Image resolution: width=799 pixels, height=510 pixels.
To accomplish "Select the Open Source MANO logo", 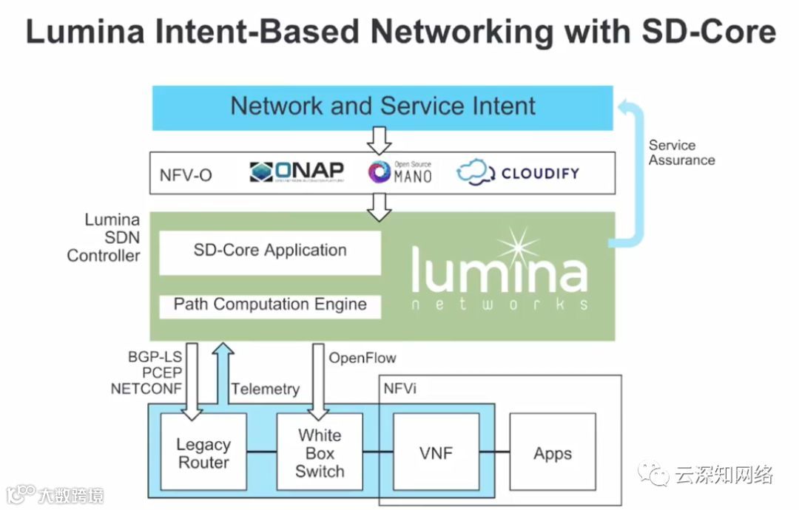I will click(400, 172).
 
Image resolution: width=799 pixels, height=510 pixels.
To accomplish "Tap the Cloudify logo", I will click(518, 174).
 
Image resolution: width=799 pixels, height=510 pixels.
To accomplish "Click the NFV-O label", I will click(186, 175).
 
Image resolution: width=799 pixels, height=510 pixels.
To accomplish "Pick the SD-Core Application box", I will click(270, 251).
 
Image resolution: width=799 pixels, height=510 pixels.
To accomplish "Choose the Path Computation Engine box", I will click(270, 305).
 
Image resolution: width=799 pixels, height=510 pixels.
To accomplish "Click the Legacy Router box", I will click(203, 452).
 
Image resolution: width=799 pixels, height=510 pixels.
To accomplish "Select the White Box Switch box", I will click(320, 452).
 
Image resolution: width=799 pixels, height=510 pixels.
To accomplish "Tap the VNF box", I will click(436, 452).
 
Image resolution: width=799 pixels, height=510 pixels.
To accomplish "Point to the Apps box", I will click(553, 452).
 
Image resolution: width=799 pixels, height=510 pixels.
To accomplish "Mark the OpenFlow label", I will click(363, 358).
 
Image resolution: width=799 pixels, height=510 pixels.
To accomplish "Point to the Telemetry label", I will click(266, 390).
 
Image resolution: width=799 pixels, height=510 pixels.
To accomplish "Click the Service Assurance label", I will click(681, 152).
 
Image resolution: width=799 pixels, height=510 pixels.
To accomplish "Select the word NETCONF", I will click(146, 389).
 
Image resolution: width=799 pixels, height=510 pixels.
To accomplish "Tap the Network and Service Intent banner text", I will click(382, 106).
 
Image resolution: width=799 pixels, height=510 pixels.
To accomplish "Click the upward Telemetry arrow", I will click(223, 374).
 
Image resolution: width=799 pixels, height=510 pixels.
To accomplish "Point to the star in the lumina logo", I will click(517, 250).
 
